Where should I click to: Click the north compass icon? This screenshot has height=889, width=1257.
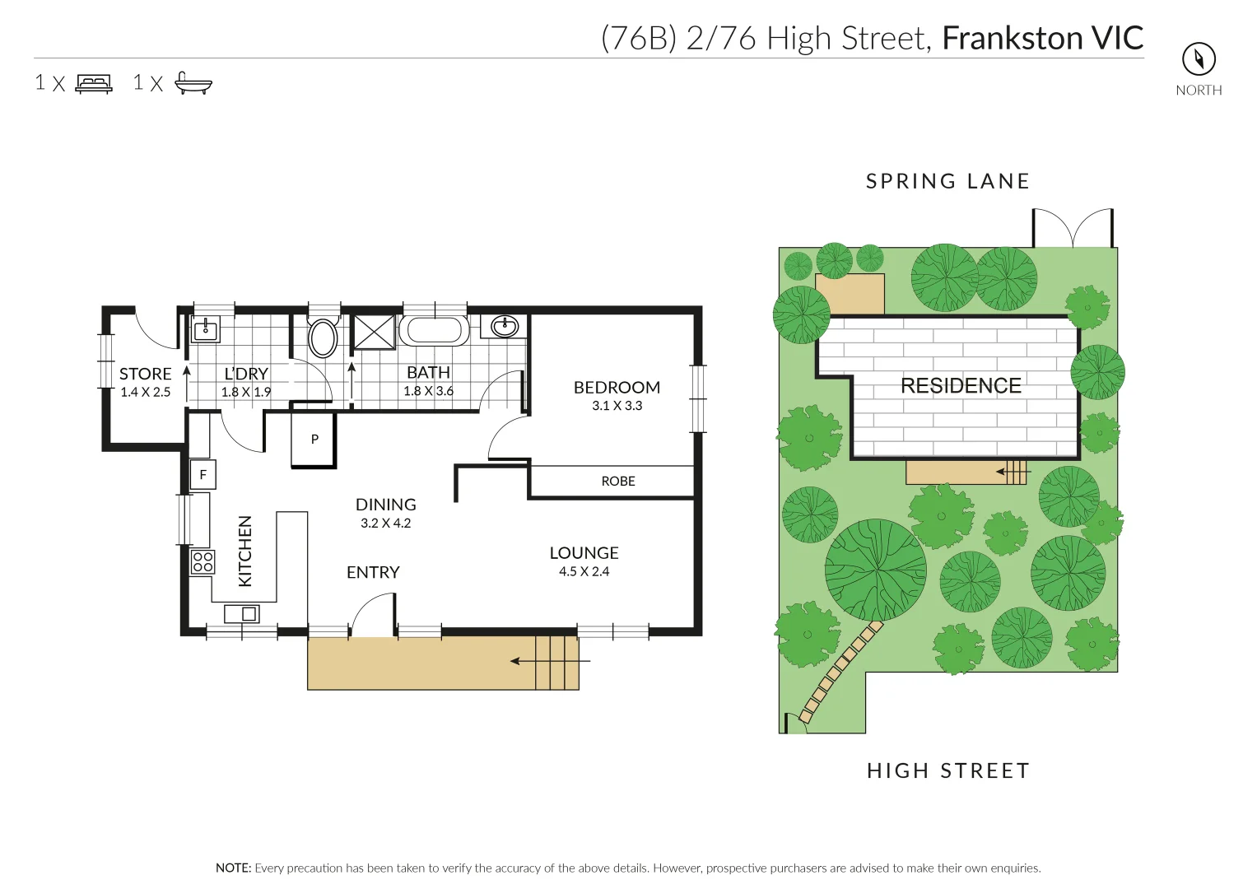click(1199, 59)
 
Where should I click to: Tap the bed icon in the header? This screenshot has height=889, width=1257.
click(94, 83)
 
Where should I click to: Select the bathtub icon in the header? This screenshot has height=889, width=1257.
click(193, 83)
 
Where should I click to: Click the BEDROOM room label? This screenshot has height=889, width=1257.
click(617, 387)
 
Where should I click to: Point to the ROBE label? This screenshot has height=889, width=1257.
click(618, 482)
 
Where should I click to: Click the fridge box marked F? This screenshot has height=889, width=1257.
click(203, 475)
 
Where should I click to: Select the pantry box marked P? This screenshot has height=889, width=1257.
click(314, 440)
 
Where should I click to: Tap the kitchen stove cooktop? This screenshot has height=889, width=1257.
click(203, 562)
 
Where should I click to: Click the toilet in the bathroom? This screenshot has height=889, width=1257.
click(323, 337)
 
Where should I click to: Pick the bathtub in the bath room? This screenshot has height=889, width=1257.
click(434, 330)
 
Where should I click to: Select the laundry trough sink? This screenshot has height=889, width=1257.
click(204, 330)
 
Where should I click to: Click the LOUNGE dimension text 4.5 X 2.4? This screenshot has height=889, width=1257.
click(584, 571)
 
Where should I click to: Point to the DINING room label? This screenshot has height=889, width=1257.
click(385, 505)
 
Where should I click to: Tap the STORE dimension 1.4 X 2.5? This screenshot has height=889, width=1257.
click(146, 392)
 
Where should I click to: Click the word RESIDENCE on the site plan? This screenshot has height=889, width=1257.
click(961, 385)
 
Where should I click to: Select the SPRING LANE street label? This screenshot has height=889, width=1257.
click(947, 181)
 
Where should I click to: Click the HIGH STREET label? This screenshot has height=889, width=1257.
click(948, 770)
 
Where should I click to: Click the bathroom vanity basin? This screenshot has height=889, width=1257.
click(505, 327)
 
